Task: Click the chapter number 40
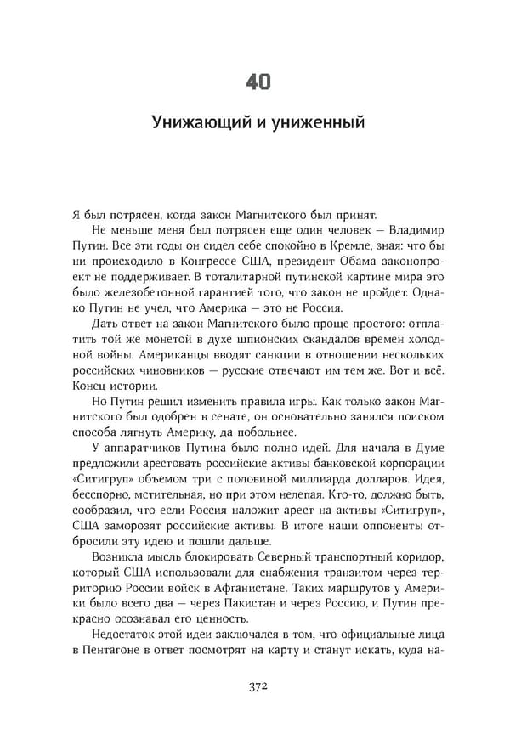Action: [x=258, y=82]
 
